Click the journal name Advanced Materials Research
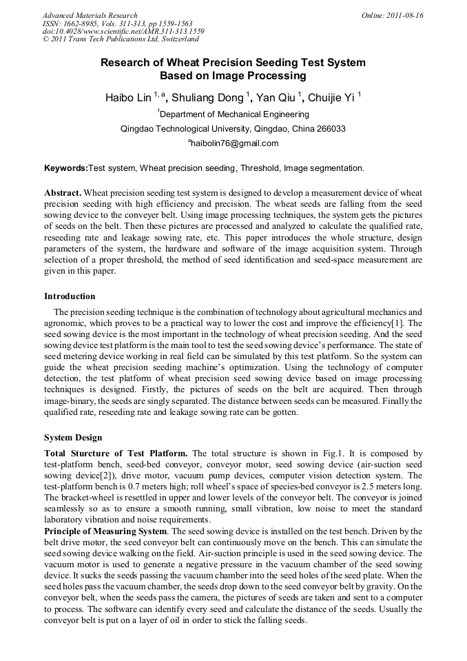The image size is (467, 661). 90,15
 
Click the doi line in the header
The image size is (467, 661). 123,32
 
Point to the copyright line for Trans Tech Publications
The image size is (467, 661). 121,40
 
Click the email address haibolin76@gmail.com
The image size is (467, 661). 234,143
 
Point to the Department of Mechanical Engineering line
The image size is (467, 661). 233,114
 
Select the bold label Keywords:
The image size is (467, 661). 66,167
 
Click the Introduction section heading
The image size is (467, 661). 70,296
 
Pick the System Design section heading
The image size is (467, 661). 73,438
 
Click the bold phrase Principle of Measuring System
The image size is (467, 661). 105,531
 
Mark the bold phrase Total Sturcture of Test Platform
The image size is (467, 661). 116,453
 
